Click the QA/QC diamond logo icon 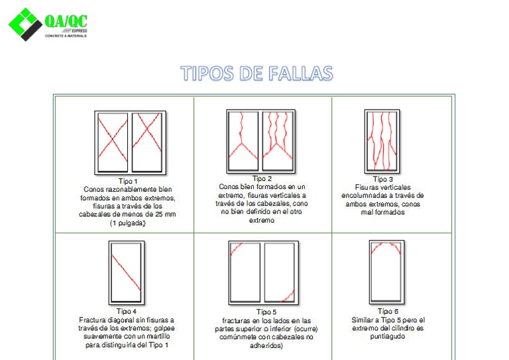(x=25, y=25)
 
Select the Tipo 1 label (x=128, y=181)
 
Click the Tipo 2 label (x=262, y=178)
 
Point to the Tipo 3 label (x=382, y=179)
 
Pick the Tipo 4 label (x=127, y=311)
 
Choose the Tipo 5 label (x=266, y=312)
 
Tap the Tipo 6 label (x=388, y=311)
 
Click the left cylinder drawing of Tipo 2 (x=243, y=138)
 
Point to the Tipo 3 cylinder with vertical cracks (x=382, y=141)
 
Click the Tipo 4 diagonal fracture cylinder (x=126, y=272)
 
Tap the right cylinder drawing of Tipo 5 (x=280, y=272)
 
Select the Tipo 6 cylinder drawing (x=386, y=272)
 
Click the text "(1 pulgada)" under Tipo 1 (x=127, y=223)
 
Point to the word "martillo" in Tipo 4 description (x=159, y=337)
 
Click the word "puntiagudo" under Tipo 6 (x=387, y=336)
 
